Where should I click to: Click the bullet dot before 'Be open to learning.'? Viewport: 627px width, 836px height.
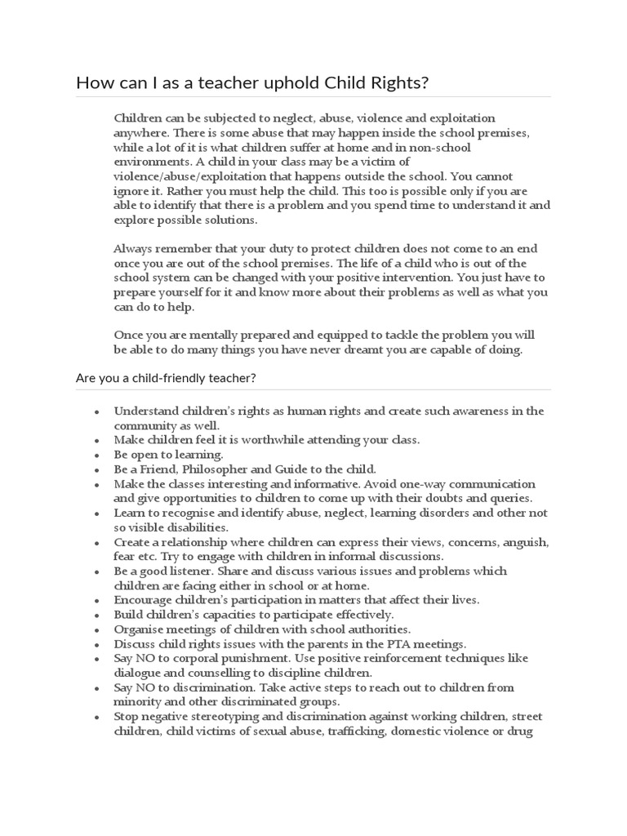(x=97, y=456)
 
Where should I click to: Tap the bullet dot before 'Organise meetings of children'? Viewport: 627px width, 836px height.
(x=97, y=630)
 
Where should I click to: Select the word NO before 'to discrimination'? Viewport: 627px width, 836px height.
(x=145, y=687)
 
